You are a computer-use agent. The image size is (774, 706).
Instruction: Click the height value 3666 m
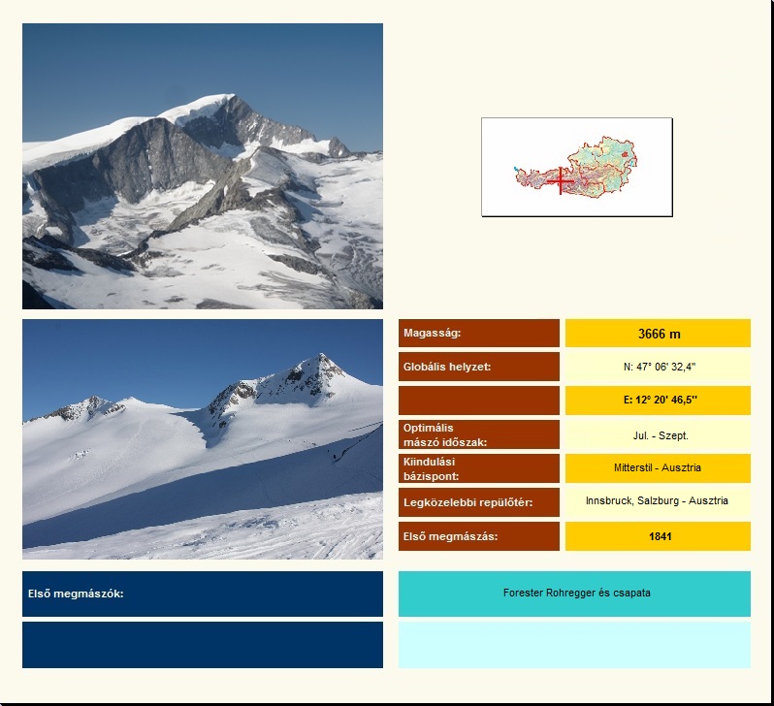659,335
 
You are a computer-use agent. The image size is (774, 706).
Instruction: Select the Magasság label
432,333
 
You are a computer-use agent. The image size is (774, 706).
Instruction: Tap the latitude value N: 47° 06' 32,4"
660,367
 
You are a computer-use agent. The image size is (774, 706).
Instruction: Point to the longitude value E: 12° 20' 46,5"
660,400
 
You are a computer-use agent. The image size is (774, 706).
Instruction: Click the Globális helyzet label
447,367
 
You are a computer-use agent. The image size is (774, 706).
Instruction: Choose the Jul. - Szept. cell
661,435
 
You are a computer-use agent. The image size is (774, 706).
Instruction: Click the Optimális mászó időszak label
445,435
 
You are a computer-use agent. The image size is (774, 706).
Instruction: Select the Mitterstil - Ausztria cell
658,467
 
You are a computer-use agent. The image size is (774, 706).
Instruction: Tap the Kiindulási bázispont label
431,469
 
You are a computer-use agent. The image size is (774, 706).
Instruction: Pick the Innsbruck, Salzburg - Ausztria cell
657,500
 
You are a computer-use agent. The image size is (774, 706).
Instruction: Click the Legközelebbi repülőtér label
468,502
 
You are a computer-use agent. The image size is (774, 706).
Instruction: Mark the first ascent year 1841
660,536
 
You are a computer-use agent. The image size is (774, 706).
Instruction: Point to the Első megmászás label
450,536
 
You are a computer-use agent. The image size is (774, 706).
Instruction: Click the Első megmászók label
76,594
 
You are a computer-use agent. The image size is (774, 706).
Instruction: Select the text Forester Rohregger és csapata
576,593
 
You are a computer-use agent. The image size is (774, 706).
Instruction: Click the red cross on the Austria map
561,180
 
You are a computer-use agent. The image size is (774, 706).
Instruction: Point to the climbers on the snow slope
336,457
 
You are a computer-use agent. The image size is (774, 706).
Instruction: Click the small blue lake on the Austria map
516,170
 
